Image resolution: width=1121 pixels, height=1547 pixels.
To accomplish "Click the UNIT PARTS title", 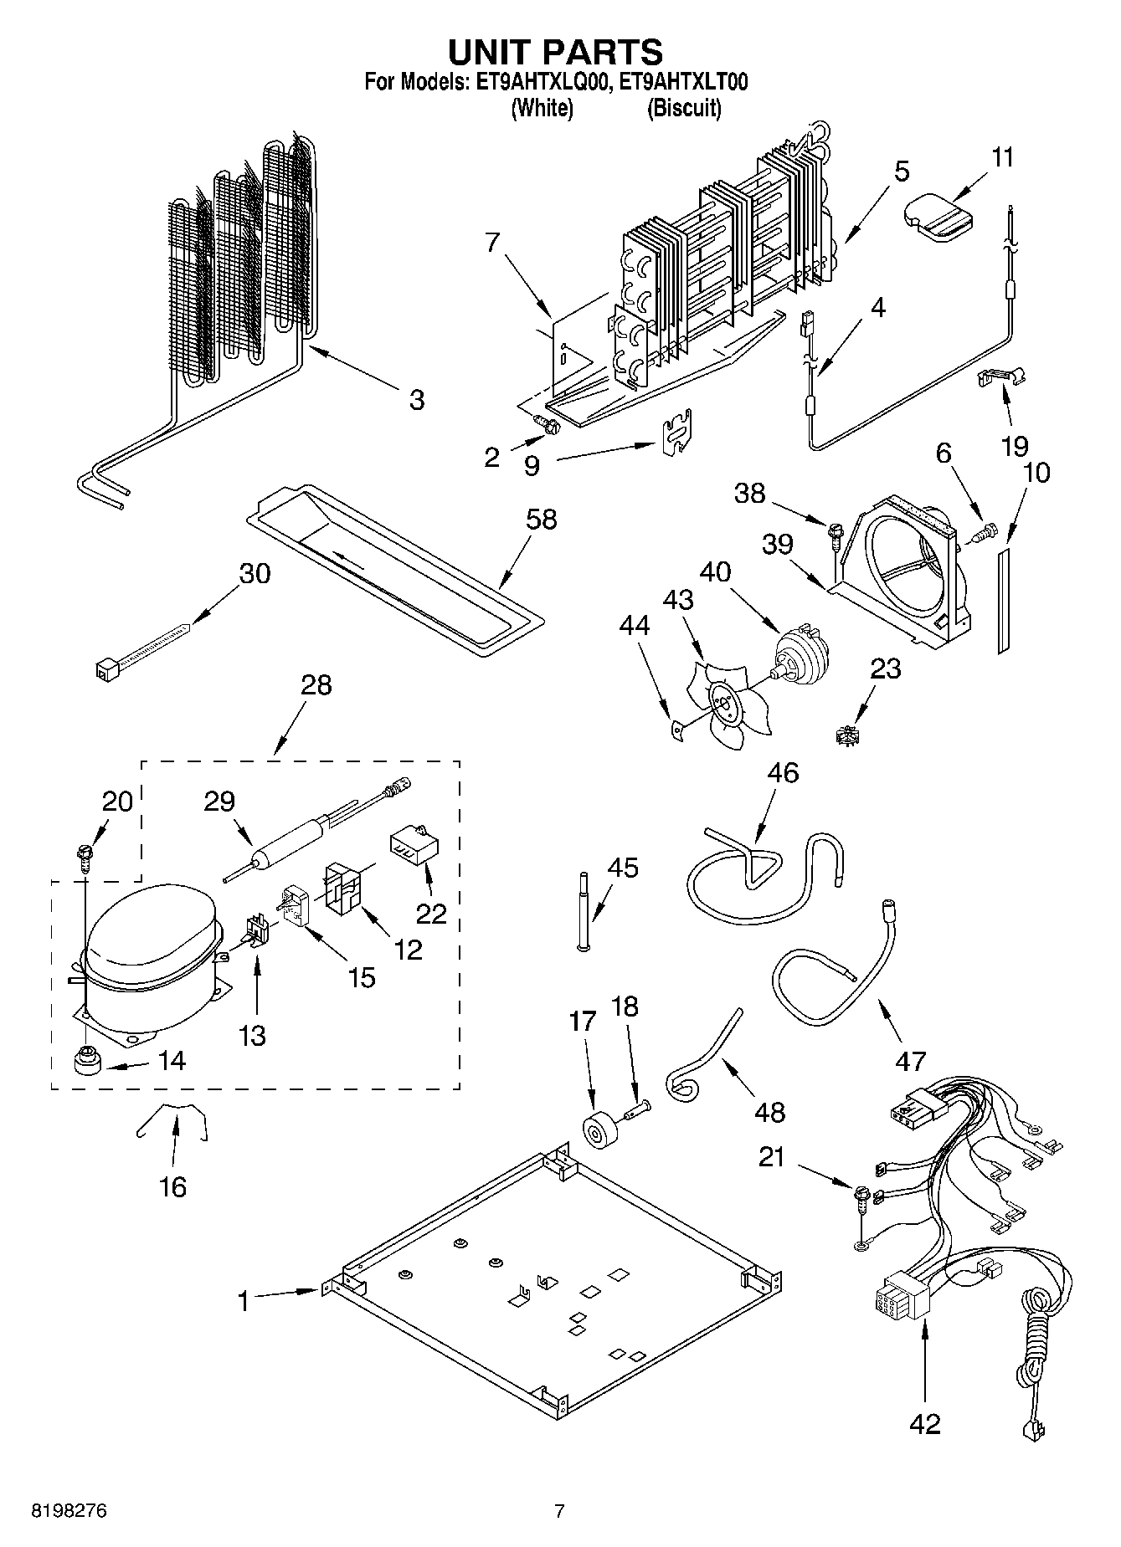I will (555, 53).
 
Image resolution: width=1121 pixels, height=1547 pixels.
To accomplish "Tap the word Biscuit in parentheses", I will (683, 108).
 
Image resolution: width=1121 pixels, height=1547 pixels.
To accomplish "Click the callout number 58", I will (542, 520).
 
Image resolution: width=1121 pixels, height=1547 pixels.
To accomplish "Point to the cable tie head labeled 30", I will (105, 668).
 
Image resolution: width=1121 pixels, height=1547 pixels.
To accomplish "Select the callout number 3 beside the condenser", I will (416, 400).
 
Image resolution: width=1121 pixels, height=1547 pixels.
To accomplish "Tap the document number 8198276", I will (69, 1512).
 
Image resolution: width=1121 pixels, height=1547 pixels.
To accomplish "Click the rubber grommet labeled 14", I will (85, 1060).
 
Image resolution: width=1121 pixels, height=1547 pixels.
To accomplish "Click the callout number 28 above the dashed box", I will (316, 685).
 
